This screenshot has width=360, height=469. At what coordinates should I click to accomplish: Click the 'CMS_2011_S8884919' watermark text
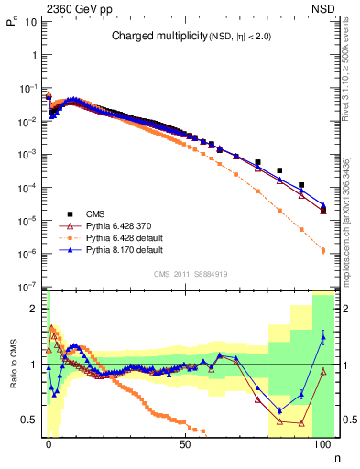pos(191,273)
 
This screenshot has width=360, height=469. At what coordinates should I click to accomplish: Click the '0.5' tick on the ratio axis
pos(31,420)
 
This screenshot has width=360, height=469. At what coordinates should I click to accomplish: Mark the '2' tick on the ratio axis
pos(35,309)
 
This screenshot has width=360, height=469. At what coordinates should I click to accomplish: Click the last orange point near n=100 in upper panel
pos(322,249)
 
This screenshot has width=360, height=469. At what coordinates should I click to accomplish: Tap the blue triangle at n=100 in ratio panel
pos(322,337)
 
